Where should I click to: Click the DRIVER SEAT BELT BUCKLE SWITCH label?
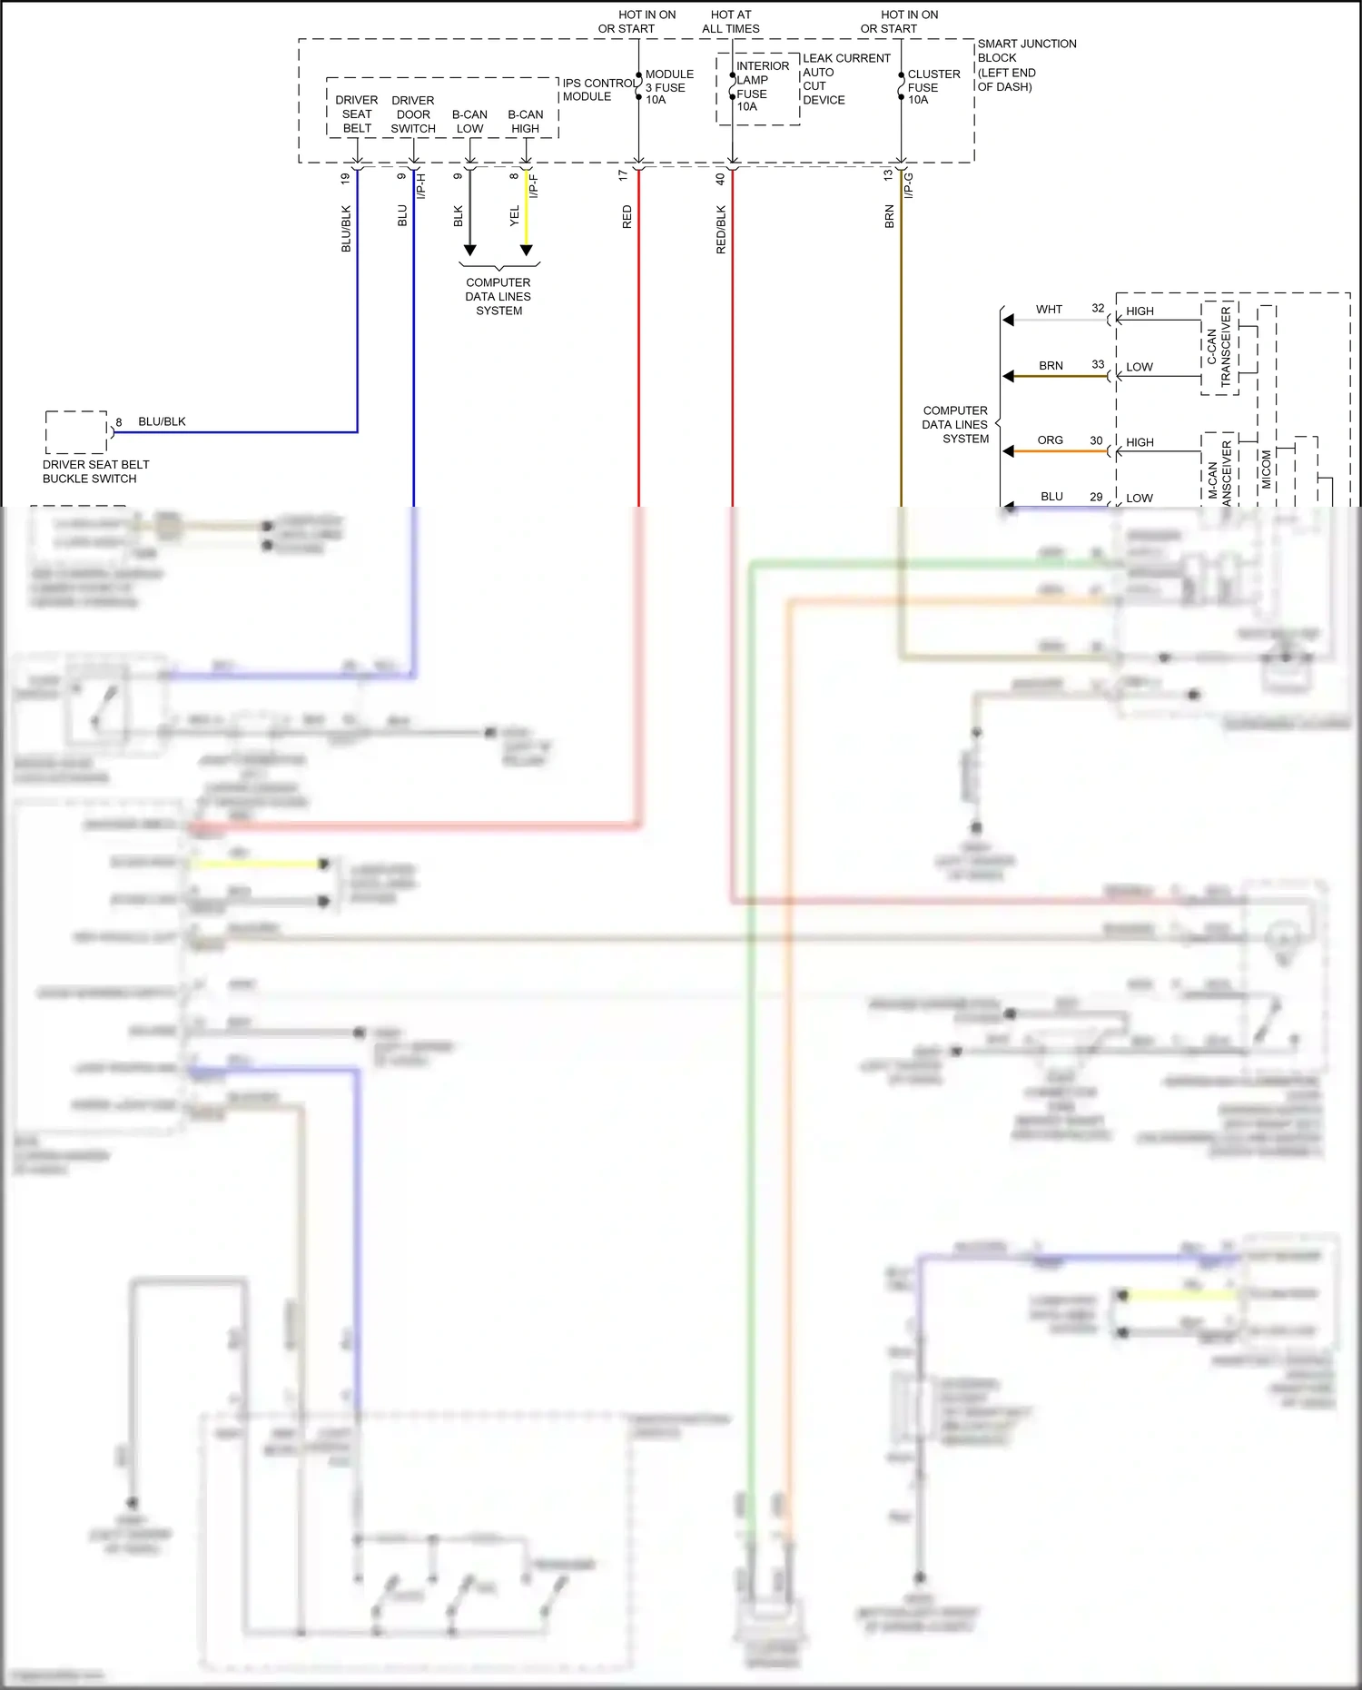[95, 471]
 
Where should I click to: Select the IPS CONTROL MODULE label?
[598, 90]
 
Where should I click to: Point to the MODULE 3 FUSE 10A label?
[668, 87]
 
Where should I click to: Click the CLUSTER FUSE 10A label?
[933, 87]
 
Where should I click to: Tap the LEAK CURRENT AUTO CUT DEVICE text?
[845, 79]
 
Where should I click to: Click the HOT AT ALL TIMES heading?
[730, 22]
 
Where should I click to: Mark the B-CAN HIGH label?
[525, 122]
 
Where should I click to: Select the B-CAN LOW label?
[469, 122]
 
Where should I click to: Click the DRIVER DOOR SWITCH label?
[413, 114]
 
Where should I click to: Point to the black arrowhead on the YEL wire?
[526, 250]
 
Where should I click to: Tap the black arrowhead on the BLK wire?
[469, 250]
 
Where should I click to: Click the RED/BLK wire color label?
[721, 229]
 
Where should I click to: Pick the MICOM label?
[1267, 469]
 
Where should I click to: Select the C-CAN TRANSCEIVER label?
[1219, 347]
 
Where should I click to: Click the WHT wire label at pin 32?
[1049, 310]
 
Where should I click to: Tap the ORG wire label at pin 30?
[1050, 440]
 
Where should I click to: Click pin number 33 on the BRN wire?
[1098, 364]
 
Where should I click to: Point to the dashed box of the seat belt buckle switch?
[76, 432]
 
